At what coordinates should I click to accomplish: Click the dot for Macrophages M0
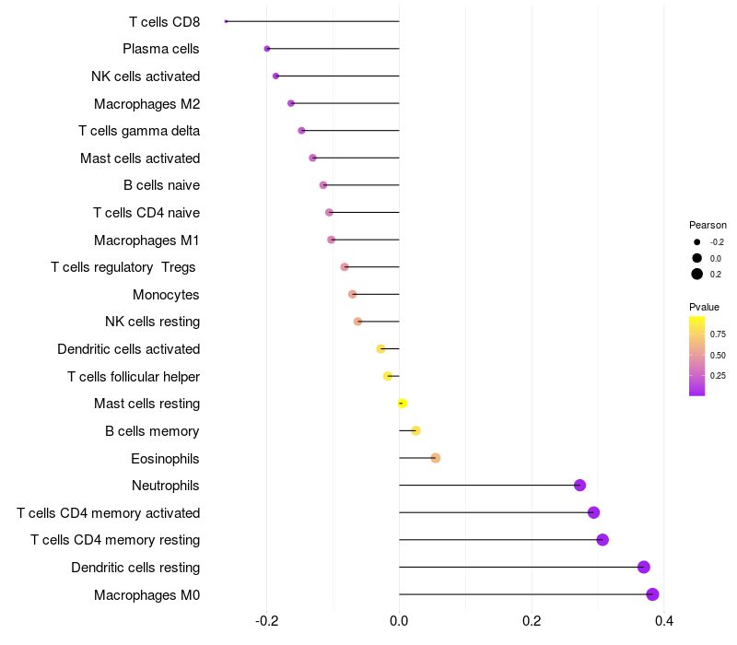[652, 594]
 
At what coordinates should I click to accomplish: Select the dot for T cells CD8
[226, 21]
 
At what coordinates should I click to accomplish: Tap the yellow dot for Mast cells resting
[402, 404]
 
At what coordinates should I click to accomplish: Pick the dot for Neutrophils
[580, 486]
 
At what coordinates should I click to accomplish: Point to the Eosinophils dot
[436, 458]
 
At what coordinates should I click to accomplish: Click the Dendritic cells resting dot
[644, 567]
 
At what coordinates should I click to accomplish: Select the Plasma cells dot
[267, 49]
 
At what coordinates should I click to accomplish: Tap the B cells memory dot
[415, 430]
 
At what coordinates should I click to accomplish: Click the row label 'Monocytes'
[166, 295]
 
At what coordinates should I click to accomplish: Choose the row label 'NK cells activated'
[146, 76]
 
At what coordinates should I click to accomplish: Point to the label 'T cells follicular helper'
[134, 377]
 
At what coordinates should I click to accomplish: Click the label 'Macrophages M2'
[147, 104]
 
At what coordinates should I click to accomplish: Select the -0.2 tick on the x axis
[266, 621]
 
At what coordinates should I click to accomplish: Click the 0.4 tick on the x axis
[663, 621]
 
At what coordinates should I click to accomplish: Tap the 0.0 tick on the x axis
[399, 621]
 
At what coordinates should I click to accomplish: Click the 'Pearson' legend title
[708, 225]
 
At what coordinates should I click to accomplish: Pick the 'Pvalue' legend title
[704, 307]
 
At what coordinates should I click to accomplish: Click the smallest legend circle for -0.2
[697, 242]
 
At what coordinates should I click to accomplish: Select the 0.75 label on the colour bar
[718, 334]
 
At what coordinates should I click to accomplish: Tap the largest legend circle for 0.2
[697, 274]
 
